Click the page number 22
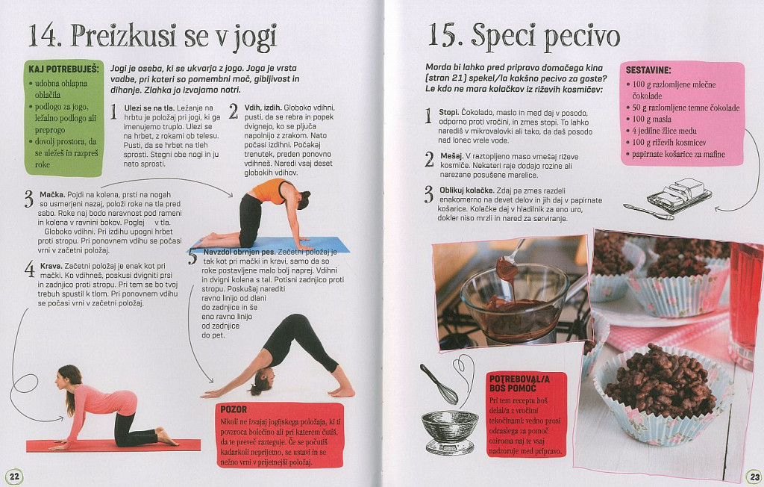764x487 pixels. click(14, 476)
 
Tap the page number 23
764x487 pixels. click(754, 477)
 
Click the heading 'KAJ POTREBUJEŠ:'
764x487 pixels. click(64, 69)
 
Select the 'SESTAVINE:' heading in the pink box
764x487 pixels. click(648, 70)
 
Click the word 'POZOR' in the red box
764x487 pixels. click(234, 409)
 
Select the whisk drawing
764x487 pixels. click(439, 385)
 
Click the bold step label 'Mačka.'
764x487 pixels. click(51, 195)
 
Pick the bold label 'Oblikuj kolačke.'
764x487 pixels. click(466, 190)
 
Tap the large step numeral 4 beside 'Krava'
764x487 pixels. click(30, 270)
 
